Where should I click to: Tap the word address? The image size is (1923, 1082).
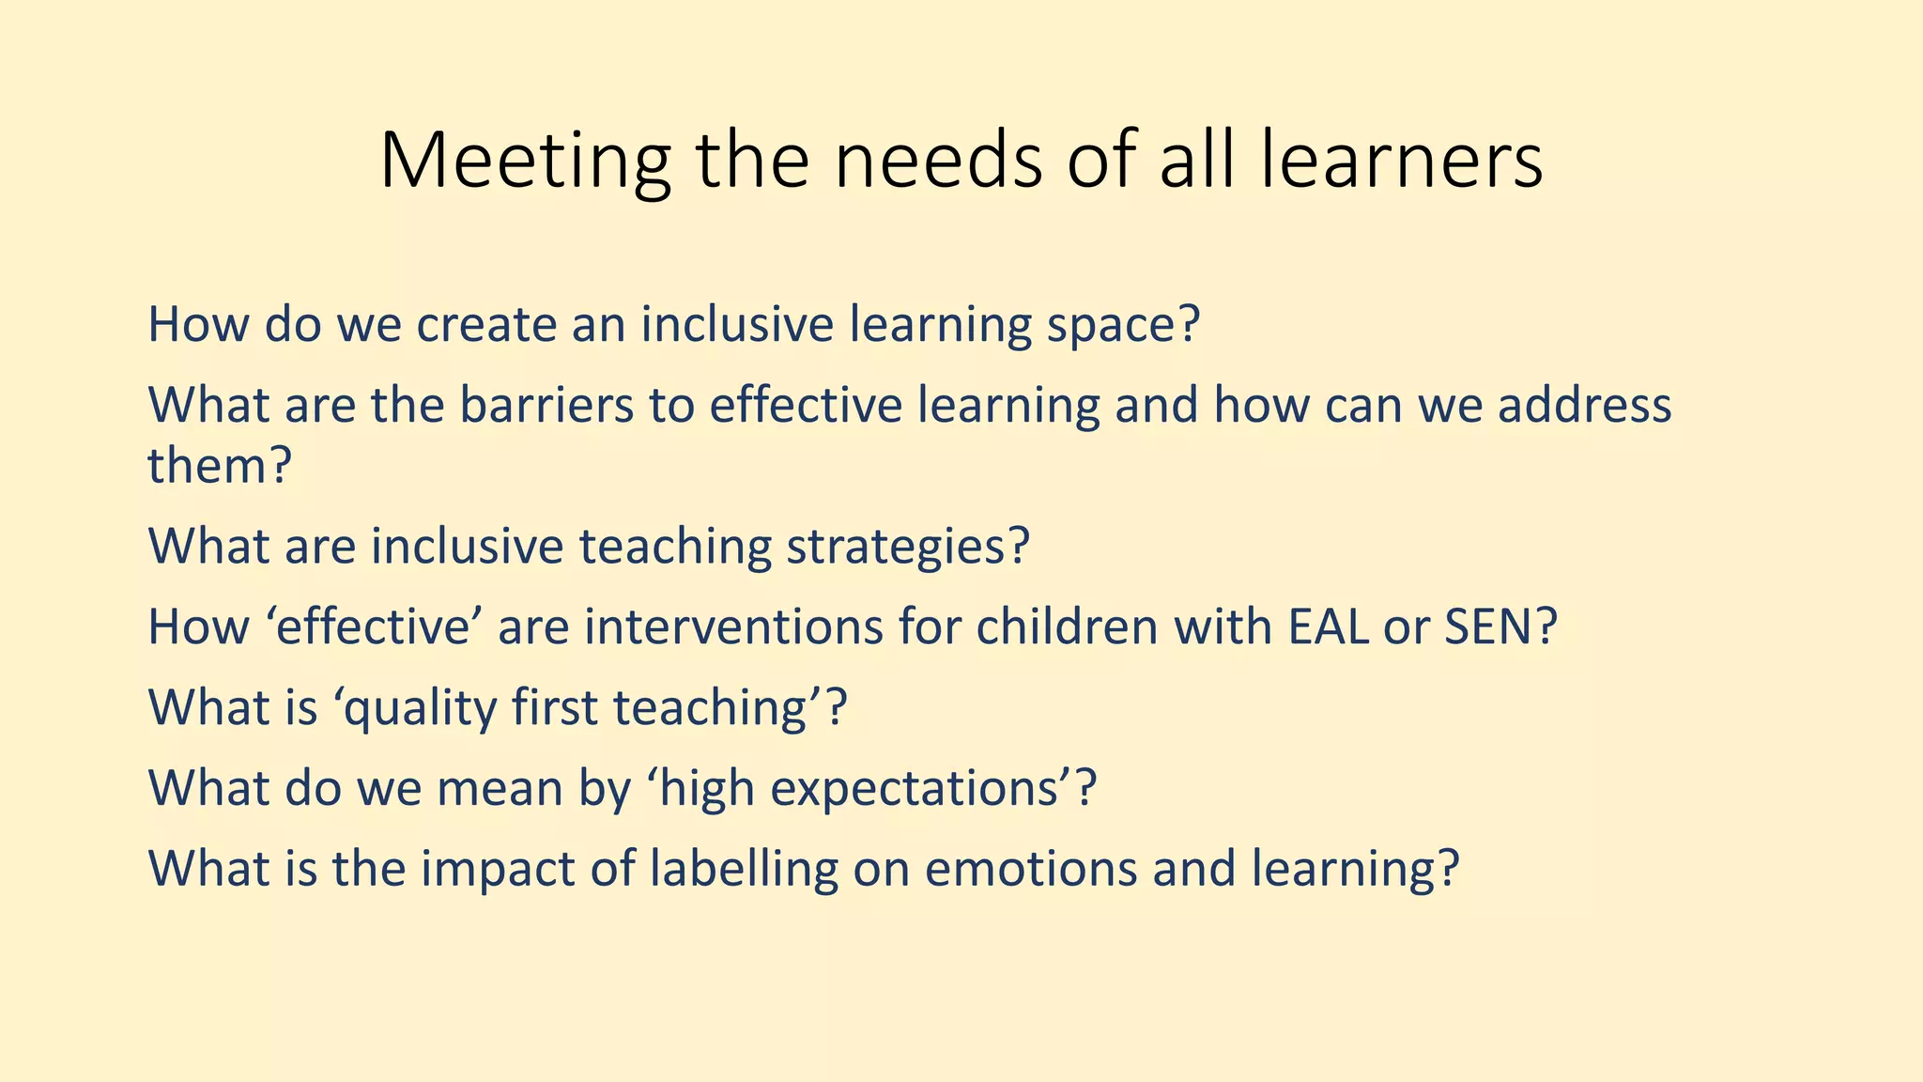[1584, 405]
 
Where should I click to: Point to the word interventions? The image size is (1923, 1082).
[733, 626]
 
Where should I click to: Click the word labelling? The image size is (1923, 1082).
[743, 870]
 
